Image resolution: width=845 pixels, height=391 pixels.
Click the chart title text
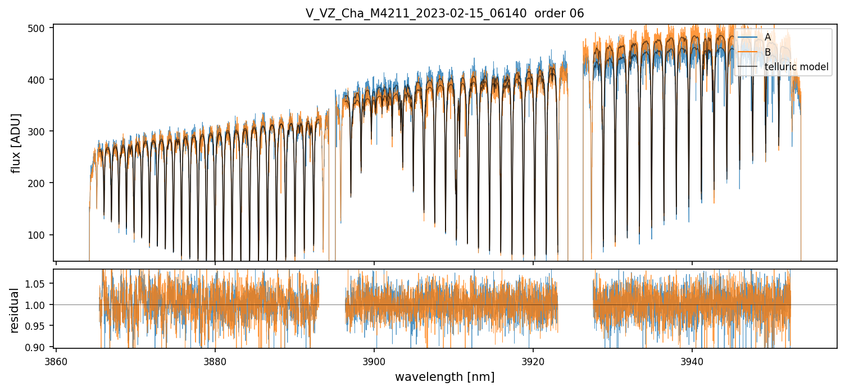444,13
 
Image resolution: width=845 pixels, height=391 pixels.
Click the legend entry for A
767,37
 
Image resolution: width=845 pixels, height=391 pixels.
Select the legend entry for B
767,52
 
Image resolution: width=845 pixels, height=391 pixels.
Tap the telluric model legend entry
796,67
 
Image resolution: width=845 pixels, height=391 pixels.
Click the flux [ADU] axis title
16,143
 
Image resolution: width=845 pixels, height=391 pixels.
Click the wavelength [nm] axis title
444,377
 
